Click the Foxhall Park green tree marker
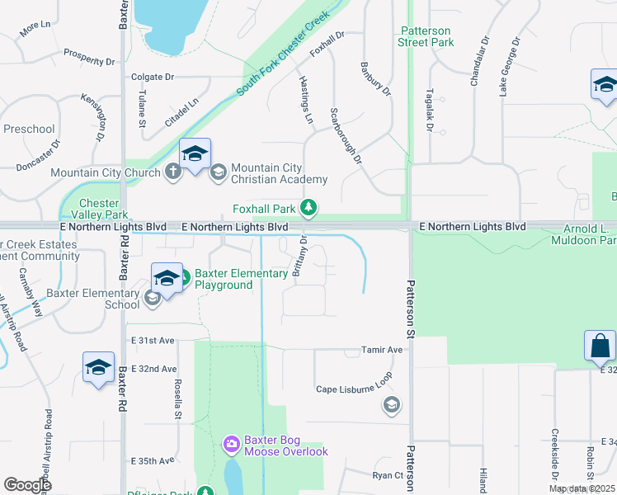coord(308,207)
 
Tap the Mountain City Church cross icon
coord(172,172)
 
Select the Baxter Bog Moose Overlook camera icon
coord(231,445)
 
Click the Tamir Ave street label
coord(382,350)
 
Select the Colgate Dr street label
coord(153,77)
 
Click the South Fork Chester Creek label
coord(283,54)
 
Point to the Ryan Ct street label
coord(387,475)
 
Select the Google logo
coord(27,484)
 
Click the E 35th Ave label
coord(152,460)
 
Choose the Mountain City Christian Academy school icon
coord(219,172)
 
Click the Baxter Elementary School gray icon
coord(152,299)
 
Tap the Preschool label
coord(29,129)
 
